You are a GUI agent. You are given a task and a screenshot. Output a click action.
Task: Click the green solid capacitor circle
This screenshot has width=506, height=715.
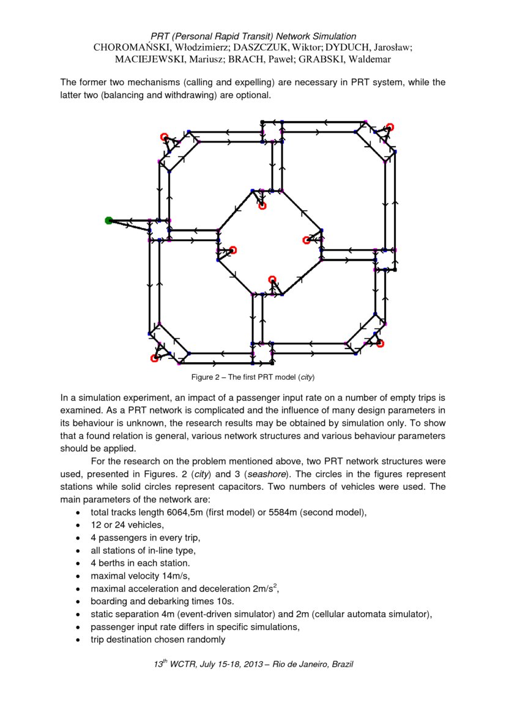pyautogui.click(x=109, y=220)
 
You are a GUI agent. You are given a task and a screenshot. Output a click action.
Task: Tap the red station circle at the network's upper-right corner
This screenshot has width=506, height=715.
pyautogui.click(x=390, y=127)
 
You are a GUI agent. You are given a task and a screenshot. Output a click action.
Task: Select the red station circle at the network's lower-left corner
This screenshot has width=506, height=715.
pyautogui.click(x=154, y=358)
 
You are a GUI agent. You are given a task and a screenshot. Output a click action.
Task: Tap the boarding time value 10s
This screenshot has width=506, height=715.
pyautogui.click(x=223, y=601)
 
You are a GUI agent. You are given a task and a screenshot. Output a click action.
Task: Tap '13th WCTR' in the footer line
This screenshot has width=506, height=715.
pyautogui.click(x=177, y=664)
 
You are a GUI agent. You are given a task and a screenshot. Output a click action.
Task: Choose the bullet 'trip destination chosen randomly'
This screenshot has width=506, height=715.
pyautogui.click(x=158, y=640)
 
